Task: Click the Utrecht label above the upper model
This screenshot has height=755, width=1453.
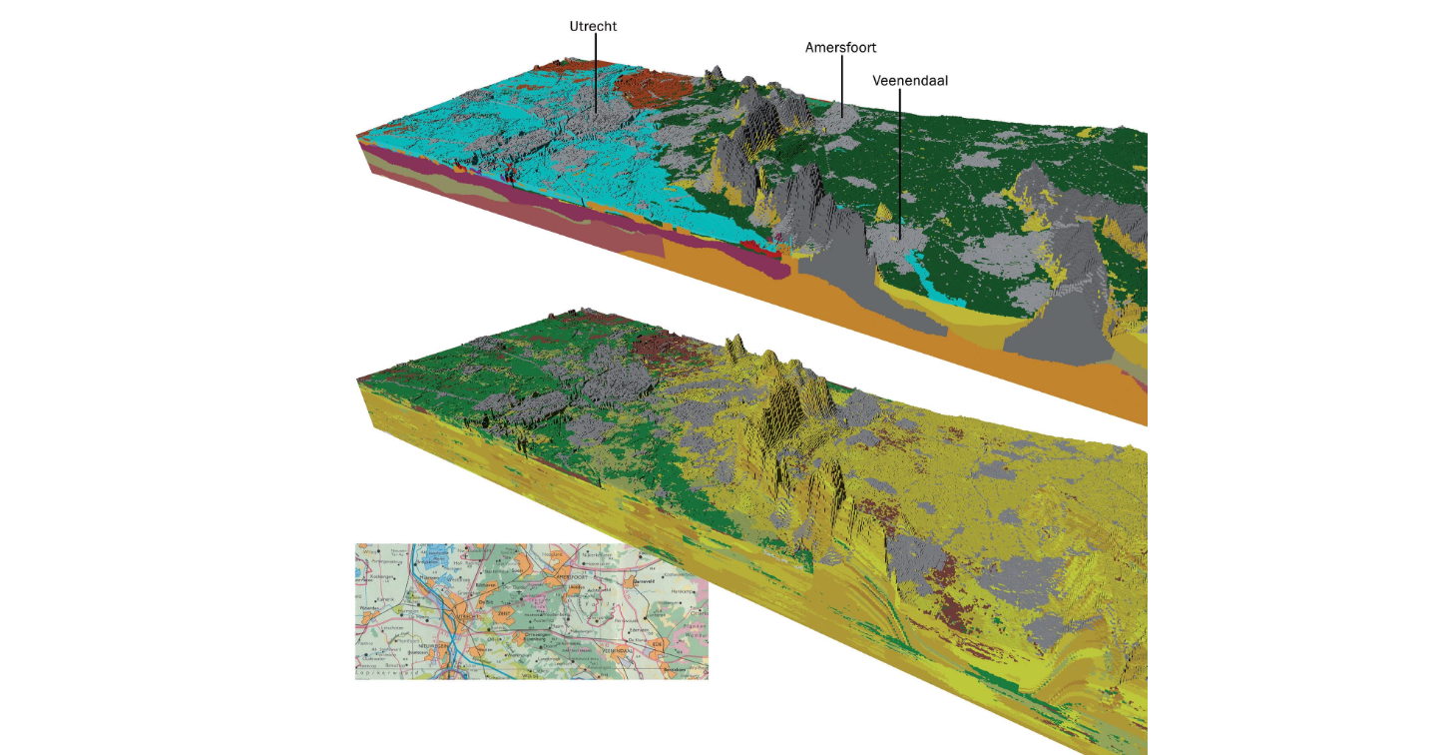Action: click(593, 26)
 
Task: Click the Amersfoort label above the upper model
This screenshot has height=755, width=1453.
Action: click(840, 47)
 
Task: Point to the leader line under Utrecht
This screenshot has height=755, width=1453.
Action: click(596, 70)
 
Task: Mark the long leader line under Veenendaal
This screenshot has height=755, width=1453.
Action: click(899, 160)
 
